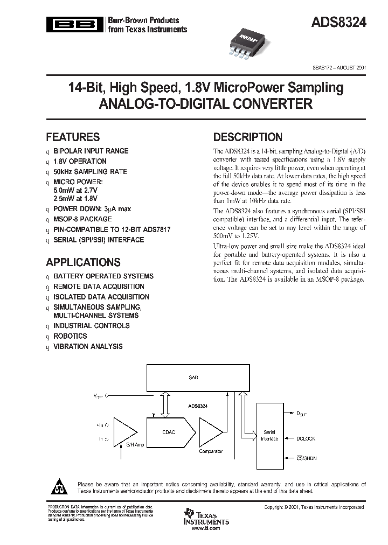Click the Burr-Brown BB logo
coord(74,24)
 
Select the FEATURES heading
coord(73,137)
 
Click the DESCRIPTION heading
coord(247,137)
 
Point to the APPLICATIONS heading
coord(83,262)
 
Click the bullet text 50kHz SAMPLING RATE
coord(90,172)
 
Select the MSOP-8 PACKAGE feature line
coord(82,219)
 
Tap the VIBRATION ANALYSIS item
coord(88,346)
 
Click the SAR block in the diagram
coord(198,378)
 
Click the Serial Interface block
coord(269,436)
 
